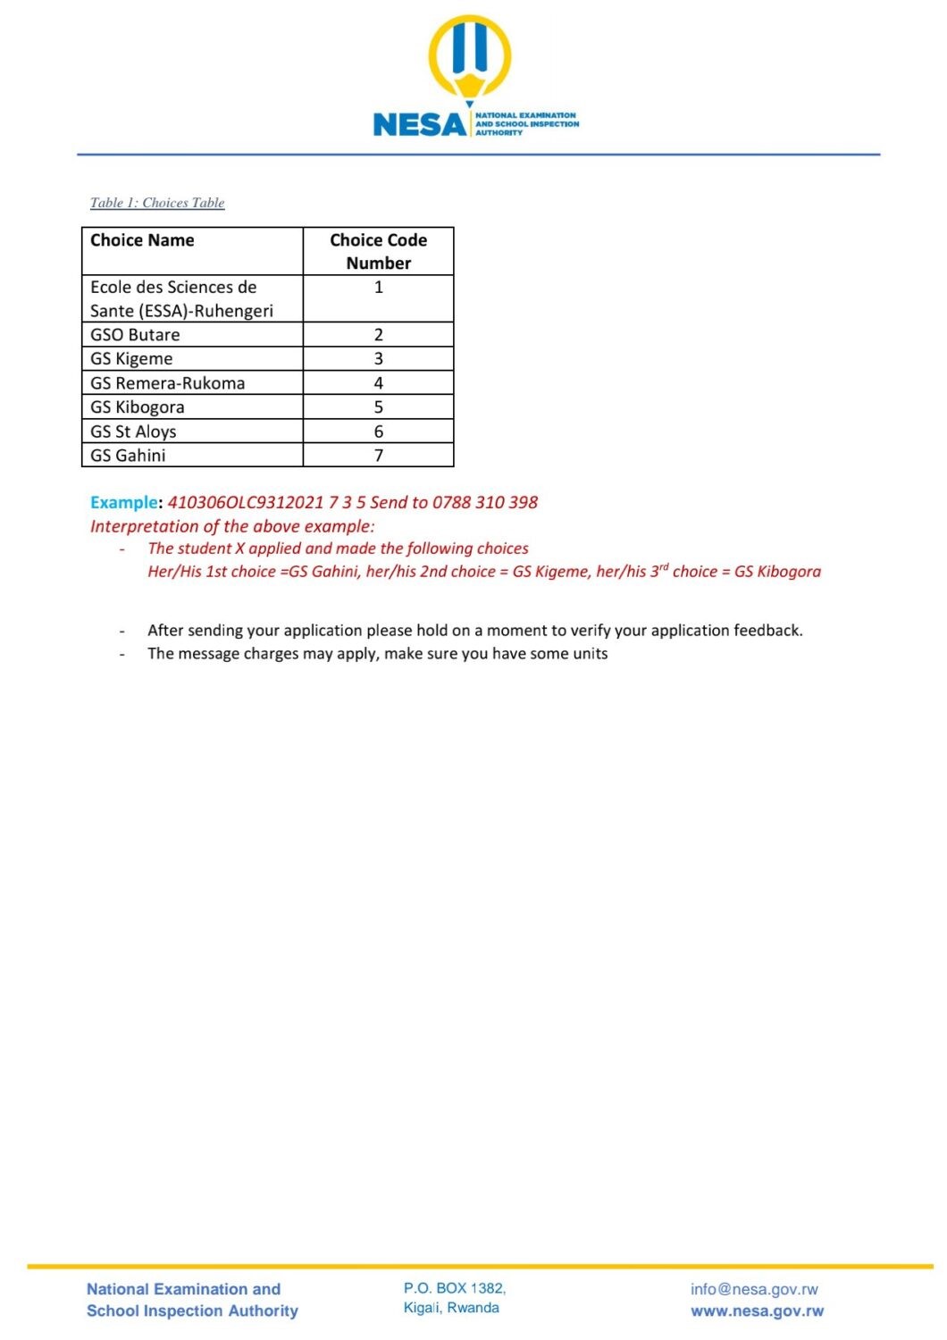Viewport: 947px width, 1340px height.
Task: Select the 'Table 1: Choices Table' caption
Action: coord(157,203)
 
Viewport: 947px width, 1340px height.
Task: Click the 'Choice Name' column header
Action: coord(142,240)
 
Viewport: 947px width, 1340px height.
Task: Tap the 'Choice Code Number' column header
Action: coord(378,251)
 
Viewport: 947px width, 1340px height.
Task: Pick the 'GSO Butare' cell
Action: coord(135,335)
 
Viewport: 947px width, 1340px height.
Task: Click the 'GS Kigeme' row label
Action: coord(131,359)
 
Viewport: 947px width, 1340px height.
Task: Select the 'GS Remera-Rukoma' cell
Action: coord(167,383)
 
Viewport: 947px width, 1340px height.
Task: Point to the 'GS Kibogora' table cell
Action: coord(138,407)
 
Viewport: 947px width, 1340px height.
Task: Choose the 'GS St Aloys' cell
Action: coord(133,431)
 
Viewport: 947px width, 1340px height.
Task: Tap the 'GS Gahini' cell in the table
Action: coord(128,456)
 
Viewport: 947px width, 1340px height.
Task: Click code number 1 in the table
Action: coord(379,288)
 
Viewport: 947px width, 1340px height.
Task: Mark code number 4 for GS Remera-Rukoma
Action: coord(379,383)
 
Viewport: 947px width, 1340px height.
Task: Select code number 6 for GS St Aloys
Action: coord(379,431)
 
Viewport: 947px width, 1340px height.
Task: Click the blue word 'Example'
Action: coord(124,502)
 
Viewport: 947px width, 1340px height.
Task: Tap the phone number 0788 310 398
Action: coord(485,502)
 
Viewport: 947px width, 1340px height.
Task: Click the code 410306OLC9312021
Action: coord(246,502)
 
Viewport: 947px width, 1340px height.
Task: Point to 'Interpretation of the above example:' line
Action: coord(232,526)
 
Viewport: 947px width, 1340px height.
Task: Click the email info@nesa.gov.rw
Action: coord(754,1289)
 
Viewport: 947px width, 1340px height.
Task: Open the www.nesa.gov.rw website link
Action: coord(757,1311)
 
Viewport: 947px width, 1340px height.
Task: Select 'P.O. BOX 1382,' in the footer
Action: coord(455,1288)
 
